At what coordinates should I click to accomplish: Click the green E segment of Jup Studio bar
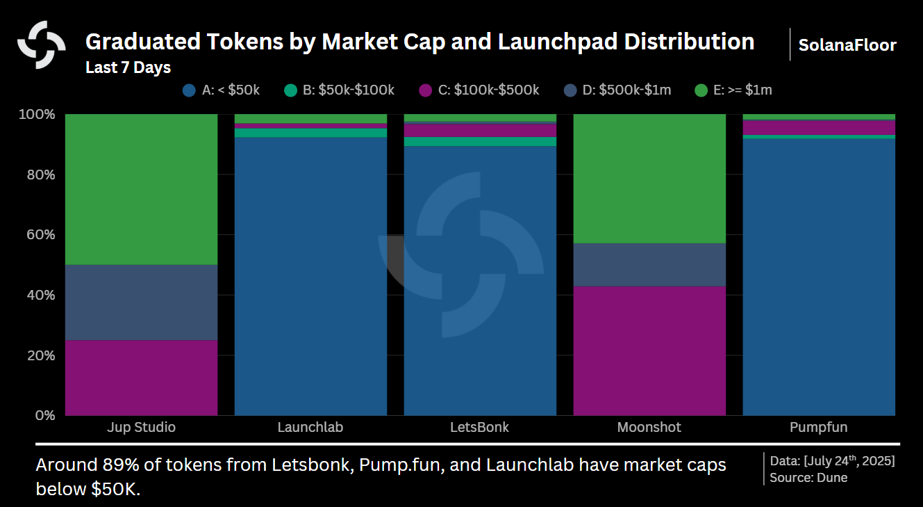pos(141,189)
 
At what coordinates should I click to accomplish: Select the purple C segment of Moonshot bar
pos(649,351)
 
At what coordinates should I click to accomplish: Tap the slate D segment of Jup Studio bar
pos(141,303)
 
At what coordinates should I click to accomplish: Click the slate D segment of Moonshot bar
pos(649,264)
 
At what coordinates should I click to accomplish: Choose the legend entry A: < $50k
pos(221,90)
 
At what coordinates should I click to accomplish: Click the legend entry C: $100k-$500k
pos(479,90)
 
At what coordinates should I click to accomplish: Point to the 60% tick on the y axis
pos(40,234)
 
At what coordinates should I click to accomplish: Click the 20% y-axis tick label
pos(40,355)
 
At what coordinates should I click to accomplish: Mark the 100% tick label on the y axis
pos(38,114)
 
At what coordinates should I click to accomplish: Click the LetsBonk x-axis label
pos(480,427)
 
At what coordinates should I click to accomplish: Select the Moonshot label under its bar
pos(649,427)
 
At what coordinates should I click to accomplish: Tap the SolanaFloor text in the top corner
pos(847,45)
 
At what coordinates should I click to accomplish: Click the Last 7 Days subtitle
pos(128,67)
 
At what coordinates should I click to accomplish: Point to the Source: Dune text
pos(808,477)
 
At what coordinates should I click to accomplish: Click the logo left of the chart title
pos(42,45)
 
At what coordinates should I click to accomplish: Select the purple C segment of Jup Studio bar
pos(141,378)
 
